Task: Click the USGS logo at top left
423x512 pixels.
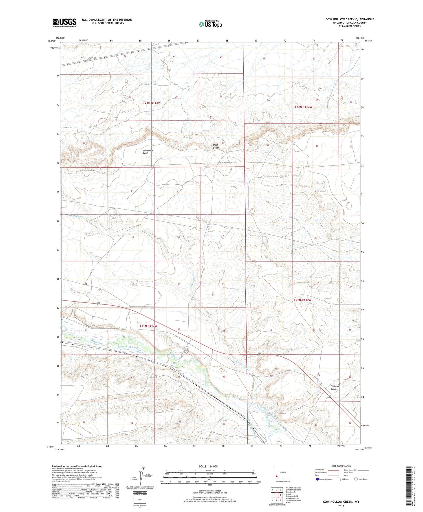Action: click(x=64, y=23)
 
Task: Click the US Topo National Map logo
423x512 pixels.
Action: click(x=210, y=24)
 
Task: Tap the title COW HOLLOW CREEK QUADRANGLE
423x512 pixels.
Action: click(x=350, y=19)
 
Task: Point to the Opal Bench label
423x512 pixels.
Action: click(x=216, y=146)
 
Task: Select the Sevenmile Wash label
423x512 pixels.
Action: click(x=148, y=152)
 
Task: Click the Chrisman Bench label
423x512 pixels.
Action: click(x=335, y=387)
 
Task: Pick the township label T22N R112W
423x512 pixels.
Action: click(x=303, y=107)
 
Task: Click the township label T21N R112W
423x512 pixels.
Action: click(x=302, y=300)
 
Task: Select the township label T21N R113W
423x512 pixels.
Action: click(x=148, y=326)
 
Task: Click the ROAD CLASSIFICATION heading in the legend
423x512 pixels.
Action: click(x=341, y=466)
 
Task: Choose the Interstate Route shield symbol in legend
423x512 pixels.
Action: click(x=317, y=479)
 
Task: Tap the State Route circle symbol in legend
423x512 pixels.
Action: click(x=356, y=479)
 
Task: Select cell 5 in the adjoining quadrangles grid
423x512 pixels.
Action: click(x=281, y=495)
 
